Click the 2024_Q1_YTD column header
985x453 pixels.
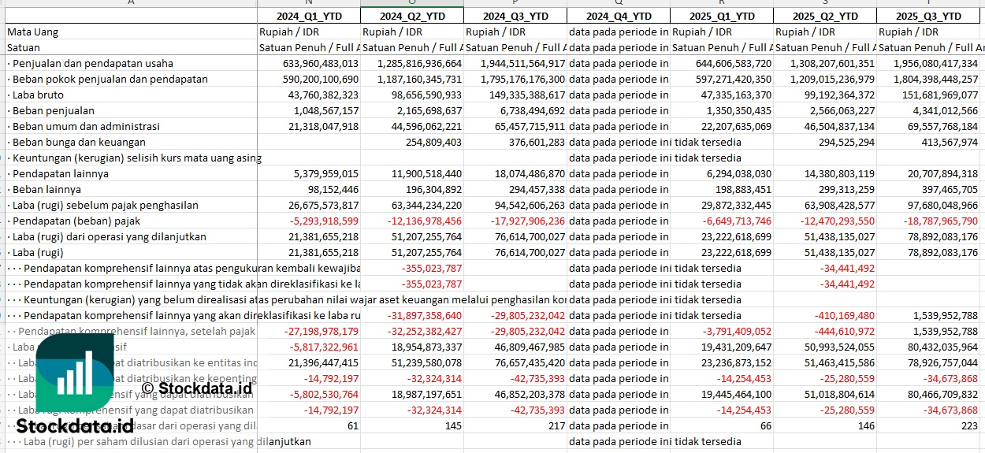(x=308, y=16)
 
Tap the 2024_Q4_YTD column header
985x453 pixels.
(x=619, y=16)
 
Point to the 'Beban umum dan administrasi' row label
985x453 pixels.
(x=86, y=126)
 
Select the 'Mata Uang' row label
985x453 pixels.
(x=33, y=32)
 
